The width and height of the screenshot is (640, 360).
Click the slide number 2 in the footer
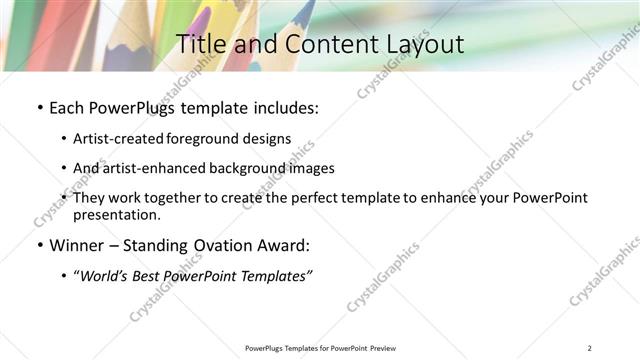pyautogui.click(x=590, y=348)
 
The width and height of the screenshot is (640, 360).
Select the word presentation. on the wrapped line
pyautogui.click(x=116, y=214)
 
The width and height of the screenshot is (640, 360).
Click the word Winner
pyautogui.click(x=77, y=246)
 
